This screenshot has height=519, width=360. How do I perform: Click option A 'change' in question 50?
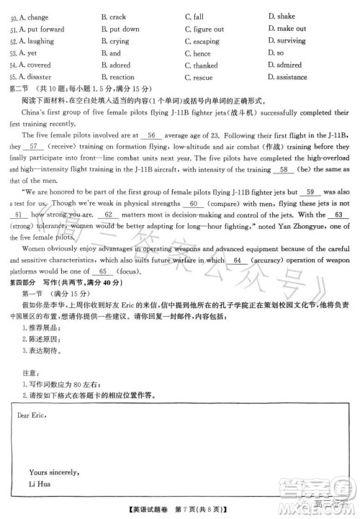click(x=33, y=16)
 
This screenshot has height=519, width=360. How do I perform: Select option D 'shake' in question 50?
click(x=285, y=16)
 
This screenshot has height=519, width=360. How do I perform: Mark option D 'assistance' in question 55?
click(x=292, y=76)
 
